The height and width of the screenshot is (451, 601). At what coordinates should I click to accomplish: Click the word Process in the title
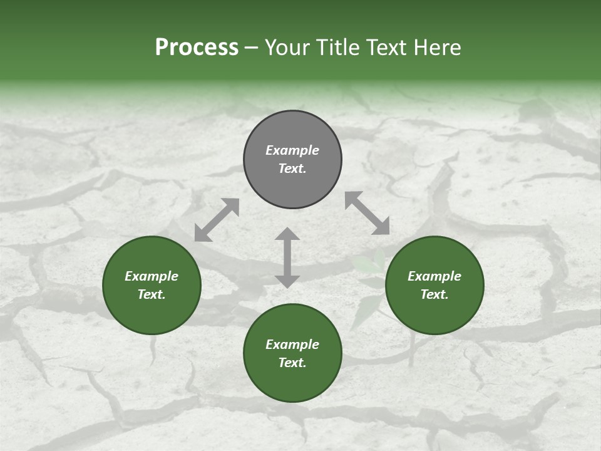pyautogui.click(x=197, y=48)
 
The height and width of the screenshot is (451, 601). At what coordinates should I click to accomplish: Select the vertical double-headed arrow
pyautogui.click(x=287, y=257)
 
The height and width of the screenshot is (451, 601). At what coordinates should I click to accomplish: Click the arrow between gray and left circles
pyautogui.click(x=217, y=220)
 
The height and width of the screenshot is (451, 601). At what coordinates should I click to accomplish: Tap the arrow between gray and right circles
pyautogui.click(x=367, y=213)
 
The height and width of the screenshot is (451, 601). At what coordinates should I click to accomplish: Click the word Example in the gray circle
pyautogui.click(x=292, y=150)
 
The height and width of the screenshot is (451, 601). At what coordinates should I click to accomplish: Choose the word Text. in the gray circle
pyautogui.click(x=292, y=168)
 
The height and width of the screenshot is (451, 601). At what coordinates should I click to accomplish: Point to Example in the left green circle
pyautogui.click(x=152, y=276)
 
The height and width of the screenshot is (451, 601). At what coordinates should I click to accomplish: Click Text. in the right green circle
pyautogui.click(x=434, y=294)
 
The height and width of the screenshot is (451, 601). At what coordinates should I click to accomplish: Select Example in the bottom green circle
pyautogui.click(x=292, y=345)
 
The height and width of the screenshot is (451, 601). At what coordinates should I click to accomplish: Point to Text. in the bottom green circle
pyautogui.click(x=292, y=363)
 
